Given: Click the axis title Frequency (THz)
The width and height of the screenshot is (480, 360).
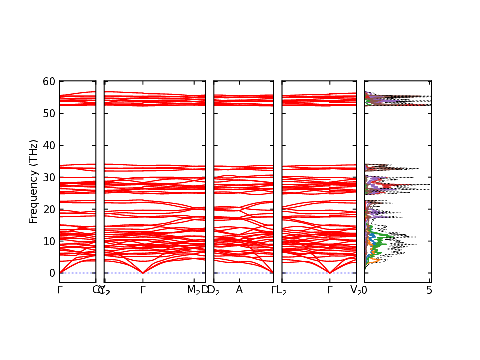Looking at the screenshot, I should coord(33,181).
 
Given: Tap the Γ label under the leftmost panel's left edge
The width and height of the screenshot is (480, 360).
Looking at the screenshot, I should coord(60,290).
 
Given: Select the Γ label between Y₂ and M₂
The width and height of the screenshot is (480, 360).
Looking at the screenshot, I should coord(143,290).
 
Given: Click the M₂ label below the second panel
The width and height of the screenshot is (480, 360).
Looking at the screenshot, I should coord(193,290).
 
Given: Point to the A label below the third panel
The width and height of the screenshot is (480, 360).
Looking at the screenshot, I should coord(239,290).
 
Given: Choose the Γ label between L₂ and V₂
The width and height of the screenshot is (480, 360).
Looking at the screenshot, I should coord(330,290).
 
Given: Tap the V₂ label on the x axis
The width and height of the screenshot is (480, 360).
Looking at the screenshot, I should coord(356,290).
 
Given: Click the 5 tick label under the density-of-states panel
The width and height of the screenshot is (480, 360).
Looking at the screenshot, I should coord(429,290).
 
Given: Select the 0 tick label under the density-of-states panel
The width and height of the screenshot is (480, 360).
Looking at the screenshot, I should coord(365,290).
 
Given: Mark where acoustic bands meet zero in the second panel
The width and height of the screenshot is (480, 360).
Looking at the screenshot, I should coord(143,273).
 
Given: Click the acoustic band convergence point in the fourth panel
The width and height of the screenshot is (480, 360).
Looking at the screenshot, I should coord(330,273).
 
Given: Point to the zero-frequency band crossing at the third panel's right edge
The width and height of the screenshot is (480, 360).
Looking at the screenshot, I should coord(273,273).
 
